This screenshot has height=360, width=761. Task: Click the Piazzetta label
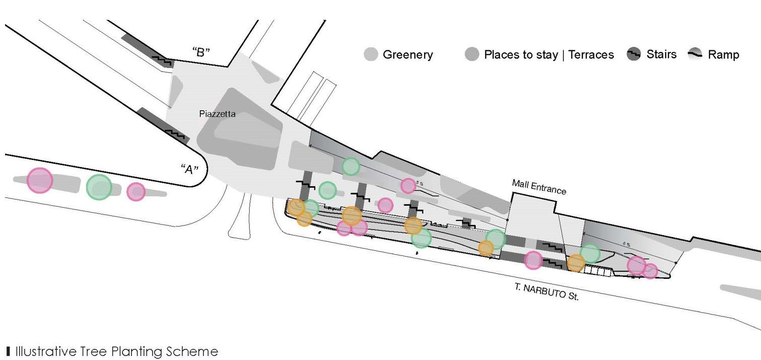click(217, 114)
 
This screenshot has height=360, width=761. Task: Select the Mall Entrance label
click(539, 187)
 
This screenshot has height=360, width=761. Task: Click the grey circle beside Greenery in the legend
click(371, 54)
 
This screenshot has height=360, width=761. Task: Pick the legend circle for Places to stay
click(472, 54)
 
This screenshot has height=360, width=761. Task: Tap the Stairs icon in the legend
click(634, 54)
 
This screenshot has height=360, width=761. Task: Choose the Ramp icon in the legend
click(696, 54)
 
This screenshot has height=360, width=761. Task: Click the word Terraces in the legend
click(591, 54)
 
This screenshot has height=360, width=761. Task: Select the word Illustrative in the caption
click(45, 351)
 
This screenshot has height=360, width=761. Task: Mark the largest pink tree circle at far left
click(40, 180)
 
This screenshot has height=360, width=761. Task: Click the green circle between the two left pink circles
click(99, 187)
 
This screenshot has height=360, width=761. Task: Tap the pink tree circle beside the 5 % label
click(408, 186)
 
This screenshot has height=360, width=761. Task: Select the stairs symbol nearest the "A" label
click(176, 133)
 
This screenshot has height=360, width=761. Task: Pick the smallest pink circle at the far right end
click(650, 271)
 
